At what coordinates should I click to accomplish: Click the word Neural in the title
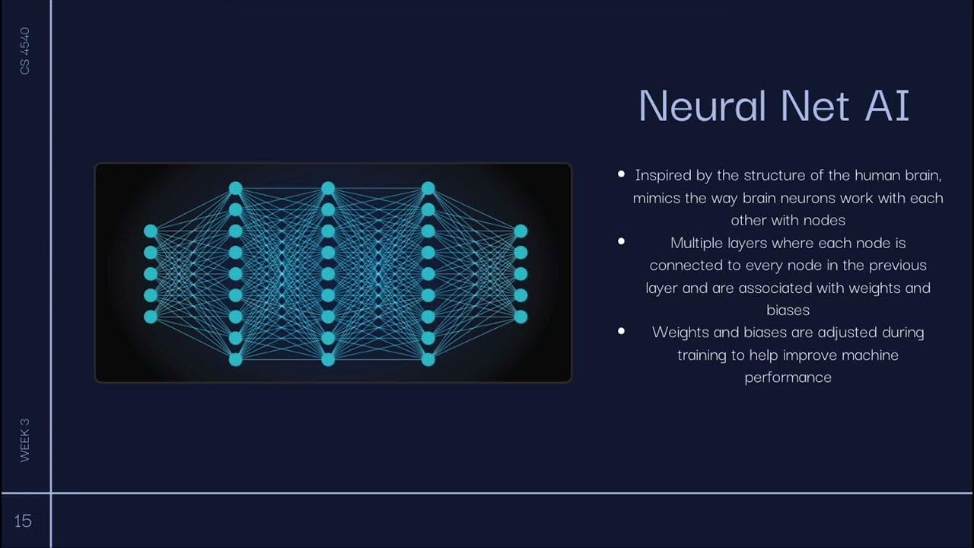[x=702, y=105]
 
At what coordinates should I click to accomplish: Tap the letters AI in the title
[x=887, y=105]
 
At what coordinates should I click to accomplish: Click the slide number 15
[x=23, y=521]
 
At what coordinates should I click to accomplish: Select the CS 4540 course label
[x=25, y=51]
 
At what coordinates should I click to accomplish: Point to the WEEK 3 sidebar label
[x=25, y=440]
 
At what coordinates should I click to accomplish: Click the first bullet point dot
[x=622, y=174]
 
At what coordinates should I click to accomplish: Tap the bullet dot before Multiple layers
[x=622, y=241]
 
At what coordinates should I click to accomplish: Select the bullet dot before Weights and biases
[x=622, y=331]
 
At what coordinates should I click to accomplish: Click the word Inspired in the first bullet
[x=663, y=175]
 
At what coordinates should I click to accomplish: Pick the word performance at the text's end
[x=788, y=378]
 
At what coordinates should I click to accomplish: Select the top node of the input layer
[x=151, y=231]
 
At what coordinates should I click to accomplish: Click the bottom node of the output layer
[x=520, y=316]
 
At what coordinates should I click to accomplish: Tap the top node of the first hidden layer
[x=236, y=188]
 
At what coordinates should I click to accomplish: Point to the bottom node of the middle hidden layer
[x=328, y=358]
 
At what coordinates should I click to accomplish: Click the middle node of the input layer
[x=151, y=273]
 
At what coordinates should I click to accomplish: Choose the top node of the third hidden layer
[x=428, y=188]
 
